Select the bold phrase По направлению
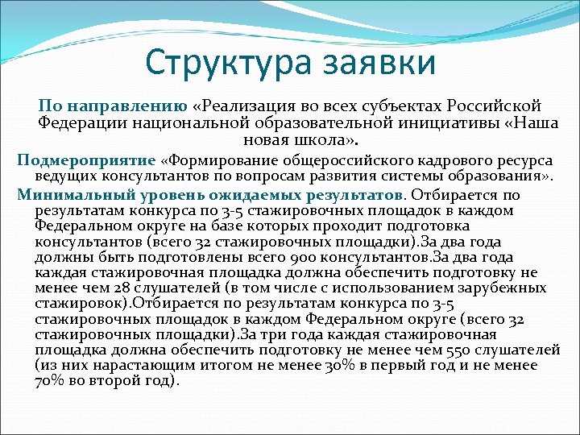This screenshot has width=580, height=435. pyautogui.click(x=114, y=106)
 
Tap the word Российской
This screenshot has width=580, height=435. pyautogui.click(x=499, y=106)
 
